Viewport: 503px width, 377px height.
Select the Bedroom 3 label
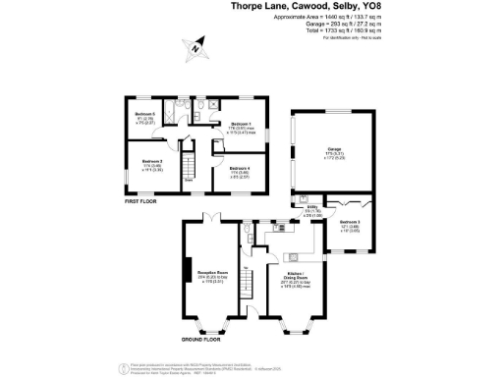coord(351,224)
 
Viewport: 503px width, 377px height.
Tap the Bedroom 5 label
coord(145,116)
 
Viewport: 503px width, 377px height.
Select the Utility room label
coord(311,210)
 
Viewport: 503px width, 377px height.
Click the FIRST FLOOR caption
coord(141,200)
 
